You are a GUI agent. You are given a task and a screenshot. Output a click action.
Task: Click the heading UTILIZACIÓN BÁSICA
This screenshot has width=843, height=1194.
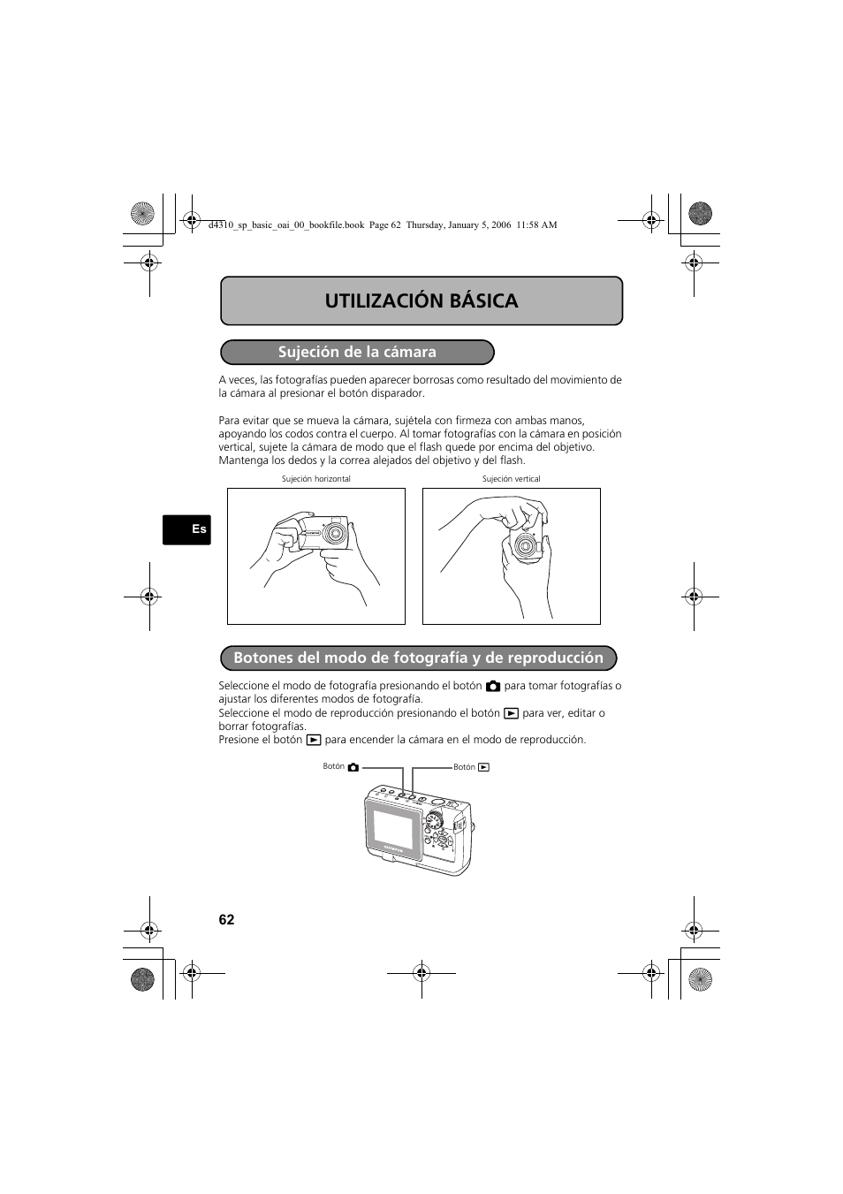tap(421, 300)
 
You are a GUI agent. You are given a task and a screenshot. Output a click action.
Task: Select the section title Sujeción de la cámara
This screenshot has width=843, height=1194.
tap(357, 352)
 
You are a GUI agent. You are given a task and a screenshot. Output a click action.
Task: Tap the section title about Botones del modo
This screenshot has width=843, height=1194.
tap(418, 658)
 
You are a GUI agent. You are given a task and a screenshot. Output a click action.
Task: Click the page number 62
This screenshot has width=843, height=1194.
tap(227, 919)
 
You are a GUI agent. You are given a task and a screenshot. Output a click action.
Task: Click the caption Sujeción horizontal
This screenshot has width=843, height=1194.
tap(315, 479)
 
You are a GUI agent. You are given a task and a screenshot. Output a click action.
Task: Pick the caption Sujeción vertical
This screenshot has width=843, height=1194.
tap(511, 479)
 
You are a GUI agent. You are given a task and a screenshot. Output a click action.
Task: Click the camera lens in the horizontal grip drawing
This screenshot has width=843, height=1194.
tap(335, 535)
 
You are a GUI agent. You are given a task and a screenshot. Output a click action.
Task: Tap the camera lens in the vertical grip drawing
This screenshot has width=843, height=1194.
tap(527, 545)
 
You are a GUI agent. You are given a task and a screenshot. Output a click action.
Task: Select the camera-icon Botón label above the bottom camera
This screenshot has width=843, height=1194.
tap(341, 767)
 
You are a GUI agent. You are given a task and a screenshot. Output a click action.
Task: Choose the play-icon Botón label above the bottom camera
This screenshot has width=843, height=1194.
tap(471, 767)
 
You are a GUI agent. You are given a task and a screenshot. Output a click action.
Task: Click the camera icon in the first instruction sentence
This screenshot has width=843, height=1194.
tap(493, 686)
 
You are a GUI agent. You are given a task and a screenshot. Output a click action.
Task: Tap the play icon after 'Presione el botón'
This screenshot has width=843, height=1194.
tap(313, 740)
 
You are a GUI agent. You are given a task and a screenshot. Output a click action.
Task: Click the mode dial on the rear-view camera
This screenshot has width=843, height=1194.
tap(433, 821)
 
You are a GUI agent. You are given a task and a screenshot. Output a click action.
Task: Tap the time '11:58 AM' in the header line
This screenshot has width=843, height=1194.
tap(537, 224)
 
